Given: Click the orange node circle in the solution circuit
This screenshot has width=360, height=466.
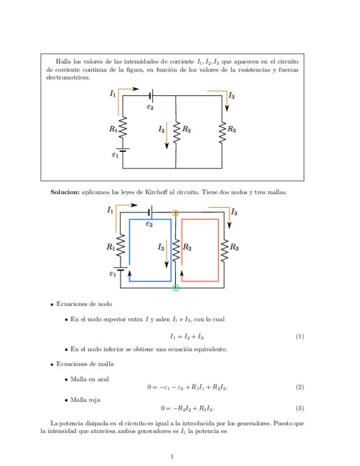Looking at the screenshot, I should (175, 213).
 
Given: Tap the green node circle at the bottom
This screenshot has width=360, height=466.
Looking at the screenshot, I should (176, 287).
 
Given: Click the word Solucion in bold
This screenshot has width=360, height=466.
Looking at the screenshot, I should (65, 192).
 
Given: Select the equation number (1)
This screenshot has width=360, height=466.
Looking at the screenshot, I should (300, 336).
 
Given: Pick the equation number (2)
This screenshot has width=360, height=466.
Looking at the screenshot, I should (300, 387).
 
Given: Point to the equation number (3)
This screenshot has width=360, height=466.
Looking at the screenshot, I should (300, 408).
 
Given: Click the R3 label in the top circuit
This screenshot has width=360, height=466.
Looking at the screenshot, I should (232, 130).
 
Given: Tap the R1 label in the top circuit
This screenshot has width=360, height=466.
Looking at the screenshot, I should (113, 130).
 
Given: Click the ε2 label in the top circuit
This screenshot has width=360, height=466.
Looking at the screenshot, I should (149, 107).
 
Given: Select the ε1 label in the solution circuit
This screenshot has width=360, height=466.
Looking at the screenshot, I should (112, 273).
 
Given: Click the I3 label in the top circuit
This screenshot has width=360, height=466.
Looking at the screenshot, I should (232, 96).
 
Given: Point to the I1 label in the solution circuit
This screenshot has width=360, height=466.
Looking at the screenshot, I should (110, 210).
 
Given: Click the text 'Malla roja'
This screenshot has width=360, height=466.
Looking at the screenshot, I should (86, 400).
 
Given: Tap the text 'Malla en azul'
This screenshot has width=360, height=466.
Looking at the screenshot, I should (90, 379).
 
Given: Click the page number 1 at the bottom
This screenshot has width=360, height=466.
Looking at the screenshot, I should (172, 456).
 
